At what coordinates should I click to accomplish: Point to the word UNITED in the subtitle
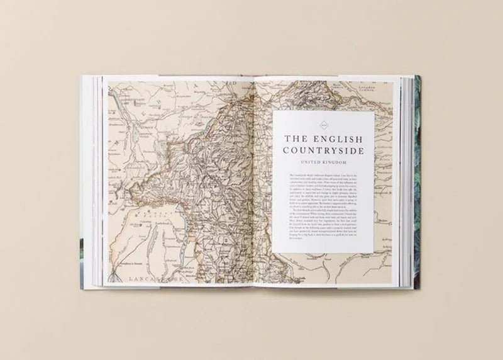pos(310,162)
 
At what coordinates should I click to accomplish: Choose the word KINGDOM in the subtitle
pos(336,162)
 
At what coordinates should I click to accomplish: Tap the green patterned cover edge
pos(417,183)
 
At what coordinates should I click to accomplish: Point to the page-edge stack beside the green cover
pos(406,183)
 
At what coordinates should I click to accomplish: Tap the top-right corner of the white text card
pos(374,112)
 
